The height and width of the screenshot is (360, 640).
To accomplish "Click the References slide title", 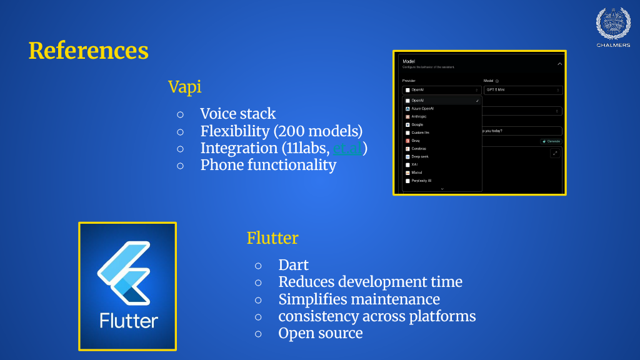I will pyautogui.click(x=88, y=51).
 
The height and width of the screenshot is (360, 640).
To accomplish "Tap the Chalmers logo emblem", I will pyautogui.click(x=612, y=24).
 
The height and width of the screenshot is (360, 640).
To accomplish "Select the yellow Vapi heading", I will pyautogui.click(x=184, y=87).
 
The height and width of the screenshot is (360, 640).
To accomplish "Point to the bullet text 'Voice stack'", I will pyautogui.click(x=237, y=114).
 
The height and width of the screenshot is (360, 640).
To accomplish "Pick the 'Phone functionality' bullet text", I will pyautogui.click(x=268, y=165).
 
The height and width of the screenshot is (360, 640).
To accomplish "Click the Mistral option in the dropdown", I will pyautogui.click(x=417, y=172).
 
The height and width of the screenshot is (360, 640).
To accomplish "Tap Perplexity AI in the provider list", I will pyautogui.click(x=422, y=181).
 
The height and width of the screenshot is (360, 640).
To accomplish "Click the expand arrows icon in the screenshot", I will pyautogui.click(x=555, y=153).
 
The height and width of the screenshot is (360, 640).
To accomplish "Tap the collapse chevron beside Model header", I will pyautogui.click(x=559, y=64).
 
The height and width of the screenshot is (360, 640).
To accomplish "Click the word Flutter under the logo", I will pyautogui.click(x=129, y=321).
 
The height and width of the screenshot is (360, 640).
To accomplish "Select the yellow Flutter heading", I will pyautogui.click(x=272, y=238).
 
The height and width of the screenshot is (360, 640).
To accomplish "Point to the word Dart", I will pyautogui.click(x=294, y=265).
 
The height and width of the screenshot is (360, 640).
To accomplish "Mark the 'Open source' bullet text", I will pyautogui.click(x=320, y=333).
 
